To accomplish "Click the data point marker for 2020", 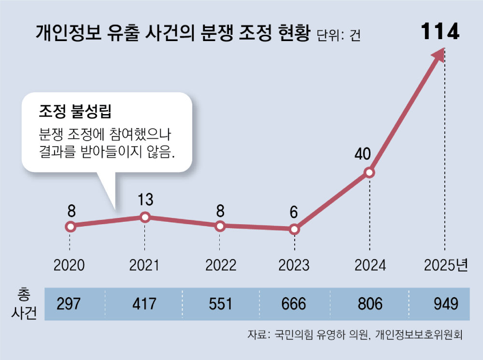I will [x=71, y=226].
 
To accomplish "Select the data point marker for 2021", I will [x=145, y=217].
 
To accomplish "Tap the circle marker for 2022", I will [x=220, y=226].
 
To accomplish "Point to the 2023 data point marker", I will [x=295, y=230].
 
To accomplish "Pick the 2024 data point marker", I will [x=369, y=173].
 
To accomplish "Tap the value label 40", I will [x=362, y=154].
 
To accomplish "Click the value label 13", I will [x=145, y=200].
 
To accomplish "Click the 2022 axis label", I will [x=220, y=265].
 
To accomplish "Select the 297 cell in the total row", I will [x=70, y=304].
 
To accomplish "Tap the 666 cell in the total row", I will [x=294, y=304].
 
